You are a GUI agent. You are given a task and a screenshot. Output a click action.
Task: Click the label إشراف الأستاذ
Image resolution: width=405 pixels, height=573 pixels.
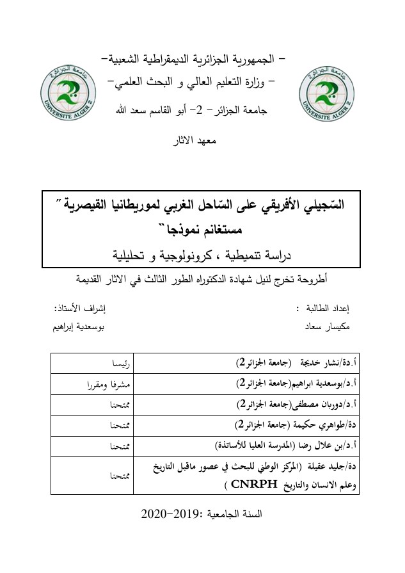point(80,308)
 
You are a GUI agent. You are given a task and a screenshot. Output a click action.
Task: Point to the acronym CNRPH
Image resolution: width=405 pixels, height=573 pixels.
point(244,485)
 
